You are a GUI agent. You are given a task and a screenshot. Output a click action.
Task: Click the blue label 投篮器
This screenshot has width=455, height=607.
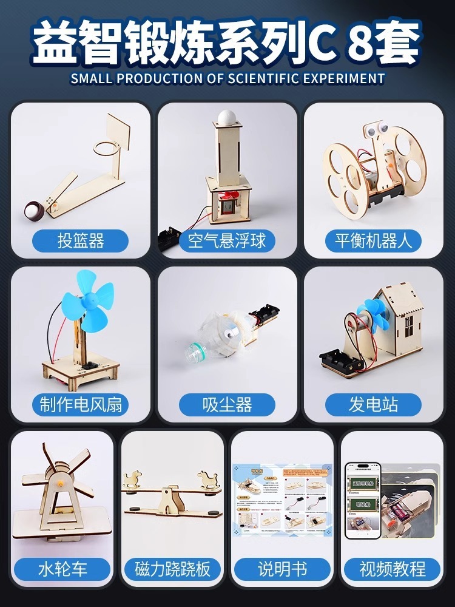coord(81,240)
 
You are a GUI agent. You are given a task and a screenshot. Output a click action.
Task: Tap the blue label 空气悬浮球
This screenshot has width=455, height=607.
coord(227,240)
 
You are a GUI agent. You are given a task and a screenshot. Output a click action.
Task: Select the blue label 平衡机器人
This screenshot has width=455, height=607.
coord(372,240)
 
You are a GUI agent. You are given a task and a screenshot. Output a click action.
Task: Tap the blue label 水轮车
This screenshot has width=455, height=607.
coord(62,569)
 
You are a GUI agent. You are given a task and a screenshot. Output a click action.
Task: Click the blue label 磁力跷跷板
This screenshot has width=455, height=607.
coord(172,569)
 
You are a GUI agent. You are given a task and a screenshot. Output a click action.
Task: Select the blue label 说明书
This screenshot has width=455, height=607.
coord(282,569)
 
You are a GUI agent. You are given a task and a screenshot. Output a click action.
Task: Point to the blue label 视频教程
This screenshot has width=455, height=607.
coord(392,569)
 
